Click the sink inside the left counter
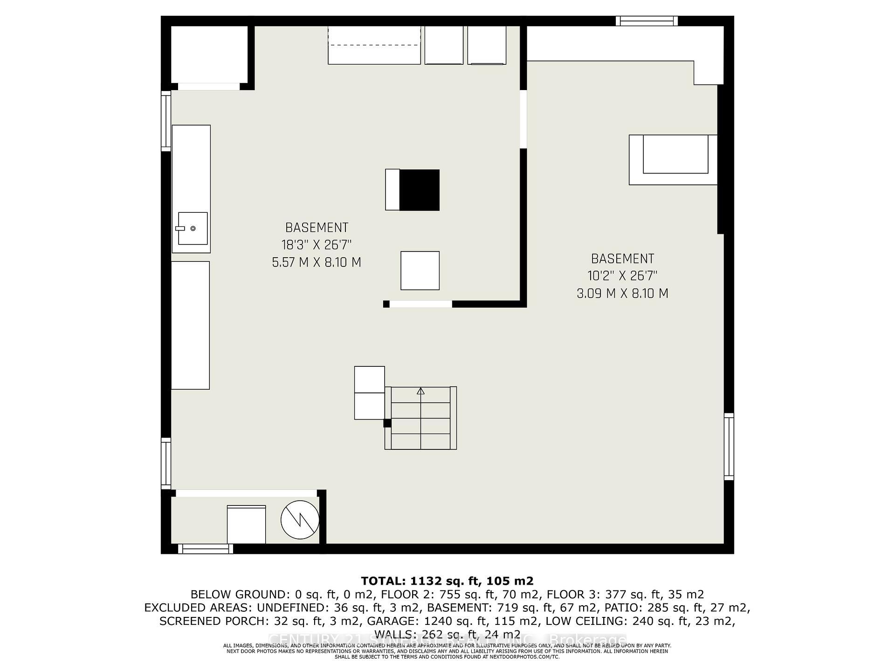point(192,228)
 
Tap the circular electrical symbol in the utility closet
point(300,520)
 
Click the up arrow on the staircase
point(420,392)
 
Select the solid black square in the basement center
point(419,190)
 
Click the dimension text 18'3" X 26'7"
point(316,245)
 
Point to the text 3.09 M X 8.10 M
point(622,294)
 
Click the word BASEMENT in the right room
point(622,259)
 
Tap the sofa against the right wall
point(673,160)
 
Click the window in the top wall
point(646,21)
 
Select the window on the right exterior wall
point(729,447)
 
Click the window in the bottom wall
point(205,549)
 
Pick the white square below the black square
point(420,271)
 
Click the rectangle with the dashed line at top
point(374,45)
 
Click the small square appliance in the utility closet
point(246,524)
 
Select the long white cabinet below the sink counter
point(190,325)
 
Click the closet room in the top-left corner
point(209,54)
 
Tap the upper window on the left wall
point(166,121)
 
